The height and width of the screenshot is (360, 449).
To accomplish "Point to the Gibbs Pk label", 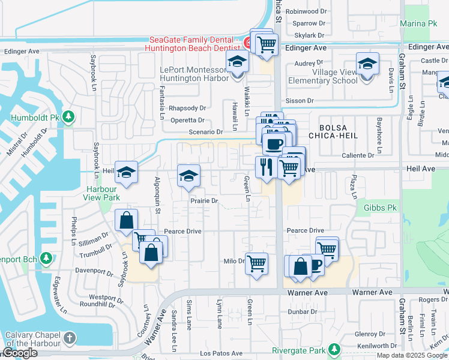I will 376,208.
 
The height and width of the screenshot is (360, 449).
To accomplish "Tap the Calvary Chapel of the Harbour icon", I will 71,338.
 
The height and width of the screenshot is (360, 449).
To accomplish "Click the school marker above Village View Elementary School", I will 367,64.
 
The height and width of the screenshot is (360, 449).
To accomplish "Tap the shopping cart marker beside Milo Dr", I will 256,262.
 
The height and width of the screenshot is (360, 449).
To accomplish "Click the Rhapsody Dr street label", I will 187,108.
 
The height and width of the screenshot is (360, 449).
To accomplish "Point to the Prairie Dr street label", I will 203,201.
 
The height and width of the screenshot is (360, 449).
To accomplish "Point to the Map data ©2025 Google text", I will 412,355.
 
